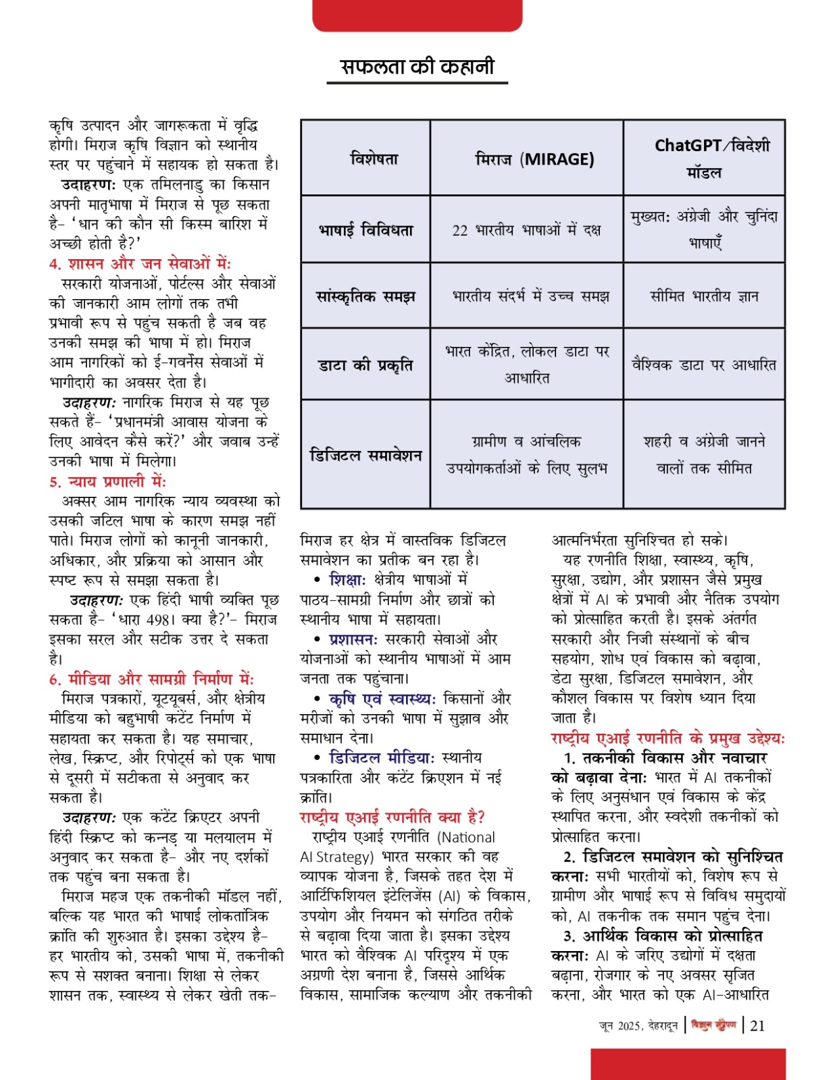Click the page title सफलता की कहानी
pyautogui.click(x=417, y=66)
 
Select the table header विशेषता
pyautogui.click(x=374, y=159)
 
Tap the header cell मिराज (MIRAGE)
pyautogui.click(x=534, y=159)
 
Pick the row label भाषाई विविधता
pyautogui.click(x=366, y=230)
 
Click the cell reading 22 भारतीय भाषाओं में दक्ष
pyautogui.click(x=526, y=230)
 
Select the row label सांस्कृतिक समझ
pyautogui.click(x=366, y=296)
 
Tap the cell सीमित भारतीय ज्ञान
pyautogui.click(x=704, y=296)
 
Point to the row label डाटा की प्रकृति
pyautogui.click(x=365, y=365)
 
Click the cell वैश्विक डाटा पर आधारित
pyautogui.click(x=704, y=365)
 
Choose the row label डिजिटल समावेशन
pyautogui.click(x=365, y=455)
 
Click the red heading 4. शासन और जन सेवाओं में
pyautogui.click(x=140, y=264)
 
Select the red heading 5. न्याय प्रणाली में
pyautogui.click(x=107, y=482)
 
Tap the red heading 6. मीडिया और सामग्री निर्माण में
pyautogui.click(x=151, y=680)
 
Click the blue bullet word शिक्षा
pyautogui.click(x=347, y=580)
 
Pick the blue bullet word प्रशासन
pyautogui.click(x=353, y=639)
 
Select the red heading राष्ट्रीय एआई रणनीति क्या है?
pyautogui.click(x=393, y=817)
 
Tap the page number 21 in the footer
pyautogui.click(x=758, y=1025)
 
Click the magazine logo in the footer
pyautogui.click(x=713, y=1025)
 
